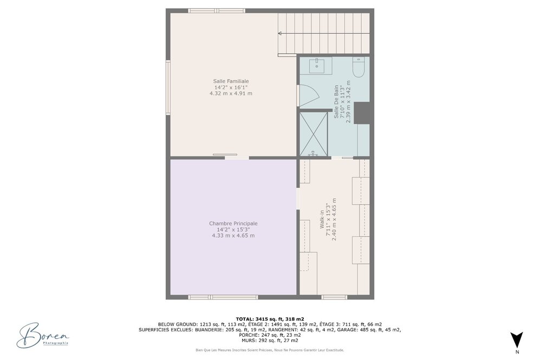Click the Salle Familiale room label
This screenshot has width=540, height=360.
(231, 81)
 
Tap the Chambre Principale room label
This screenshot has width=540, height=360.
(233, 224)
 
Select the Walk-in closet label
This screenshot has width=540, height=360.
(322, 219)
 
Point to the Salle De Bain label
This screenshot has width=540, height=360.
(336, 102)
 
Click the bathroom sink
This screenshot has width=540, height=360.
(316, 66)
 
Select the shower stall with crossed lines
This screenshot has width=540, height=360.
(314, 134)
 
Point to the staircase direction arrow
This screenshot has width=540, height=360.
(323, 34)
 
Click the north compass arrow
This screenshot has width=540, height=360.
(517, 339)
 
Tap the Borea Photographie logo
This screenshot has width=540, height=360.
(43, 335)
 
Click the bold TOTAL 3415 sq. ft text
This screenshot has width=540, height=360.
(270, 319)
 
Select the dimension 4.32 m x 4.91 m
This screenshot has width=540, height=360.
(231, 93)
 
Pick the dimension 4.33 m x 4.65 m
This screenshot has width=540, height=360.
(233, 235)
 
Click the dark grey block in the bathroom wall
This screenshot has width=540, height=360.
(362, 113)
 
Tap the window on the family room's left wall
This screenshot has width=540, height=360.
(168, 87)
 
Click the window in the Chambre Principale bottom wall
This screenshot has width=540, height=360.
(223, 297)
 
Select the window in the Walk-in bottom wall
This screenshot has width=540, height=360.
(334, 297)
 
